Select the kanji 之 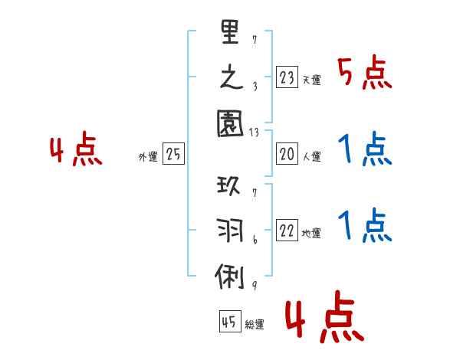[x=231, y=79]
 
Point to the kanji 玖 [x=231, y=187]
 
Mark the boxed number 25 [x=173, y=155]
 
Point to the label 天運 [x=311, y=79]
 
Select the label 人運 [x=311, y=157]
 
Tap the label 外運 [x=148, y=157]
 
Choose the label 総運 [x=254, y=325]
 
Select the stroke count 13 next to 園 [x=254, y=133]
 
